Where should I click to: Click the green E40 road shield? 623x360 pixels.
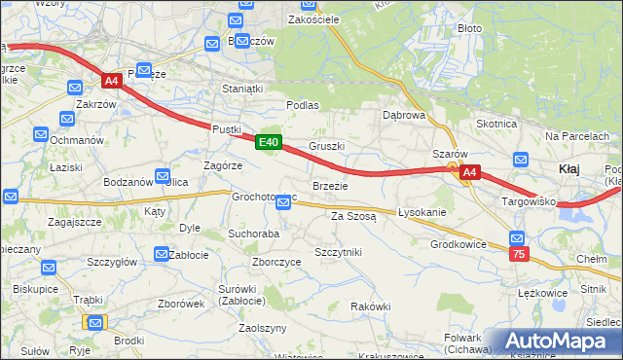[270, 143]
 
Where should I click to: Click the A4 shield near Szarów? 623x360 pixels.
[469, 173]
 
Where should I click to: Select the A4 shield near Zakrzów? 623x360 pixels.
[111, 82]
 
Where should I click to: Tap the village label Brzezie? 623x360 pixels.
[329, 186]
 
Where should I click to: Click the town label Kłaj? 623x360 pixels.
[570, 168]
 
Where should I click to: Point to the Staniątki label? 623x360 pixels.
[242, 89]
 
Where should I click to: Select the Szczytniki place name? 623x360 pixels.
[338, 252]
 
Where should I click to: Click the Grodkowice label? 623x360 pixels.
[458, 244]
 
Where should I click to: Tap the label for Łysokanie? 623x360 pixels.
[421, 212]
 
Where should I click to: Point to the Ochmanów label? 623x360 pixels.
[77, 140]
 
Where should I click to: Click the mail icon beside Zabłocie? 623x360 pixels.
[161, 255]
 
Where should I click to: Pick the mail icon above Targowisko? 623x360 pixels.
[521, 161]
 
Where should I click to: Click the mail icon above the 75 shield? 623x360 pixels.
[517, 237]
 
